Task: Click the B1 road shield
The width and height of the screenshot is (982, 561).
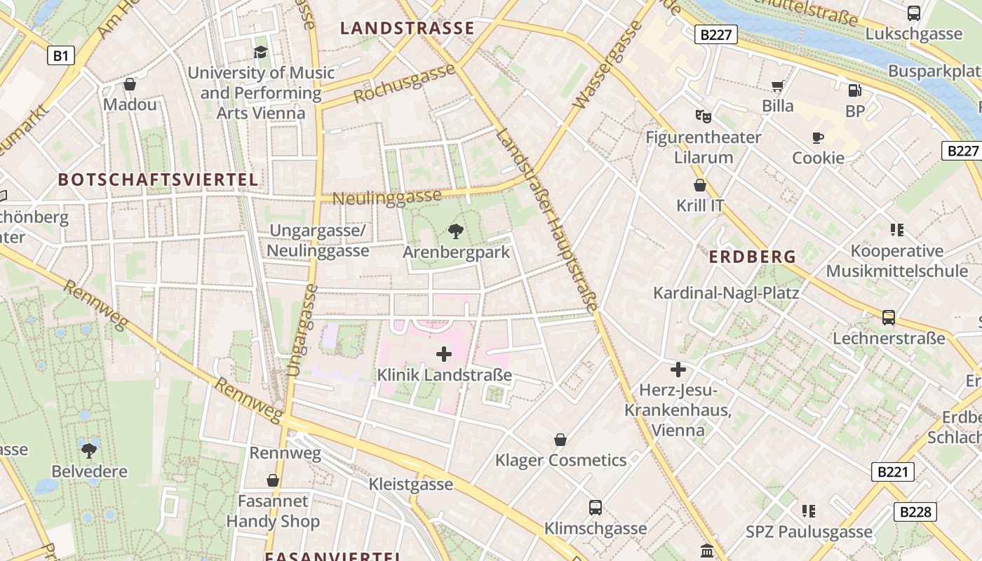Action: click(61, 55)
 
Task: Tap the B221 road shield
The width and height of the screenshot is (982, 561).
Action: click(893, 471)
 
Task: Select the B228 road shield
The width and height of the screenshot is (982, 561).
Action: click(915, 512)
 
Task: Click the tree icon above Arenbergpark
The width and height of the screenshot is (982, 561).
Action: click(455, 231)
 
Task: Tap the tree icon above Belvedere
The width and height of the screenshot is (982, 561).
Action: click(89, 450)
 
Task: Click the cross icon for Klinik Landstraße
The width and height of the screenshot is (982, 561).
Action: click(444, 354)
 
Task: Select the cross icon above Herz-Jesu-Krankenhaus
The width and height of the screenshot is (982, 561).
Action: click(678, 369)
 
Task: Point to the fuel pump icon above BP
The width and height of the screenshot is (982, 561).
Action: click(854, 90)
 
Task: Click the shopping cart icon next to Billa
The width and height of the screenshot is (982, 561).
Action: click(777, 86)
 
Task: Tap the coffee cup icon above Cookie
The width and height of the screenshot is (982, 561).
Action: click(817, 137)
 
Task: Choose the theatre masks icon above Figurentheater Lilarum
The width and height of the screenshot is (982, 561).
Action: click(703, 116)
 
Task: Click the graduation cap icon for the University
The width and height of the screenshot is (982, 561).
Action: click(261, 52)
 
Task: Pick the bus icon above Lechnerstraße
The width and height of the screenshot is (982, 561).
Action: click(889, 318)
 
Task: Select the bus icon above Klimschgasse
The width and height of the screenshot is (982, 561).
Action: click(595, 507)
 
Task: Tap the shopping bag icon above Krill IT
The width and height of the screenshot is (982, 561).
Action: click(699, 185)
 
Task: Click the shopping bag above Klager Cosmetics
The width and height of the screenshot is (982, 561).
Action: click(560, 440)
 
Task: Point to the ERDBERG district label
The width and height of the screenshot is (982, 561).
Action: click(752, 257)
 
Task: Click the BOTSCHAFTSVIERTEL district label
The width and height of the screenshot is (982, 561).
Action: click(158, 180)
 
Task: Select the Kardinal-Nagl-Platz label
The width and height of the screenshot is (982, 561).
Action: click(726, 292)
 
